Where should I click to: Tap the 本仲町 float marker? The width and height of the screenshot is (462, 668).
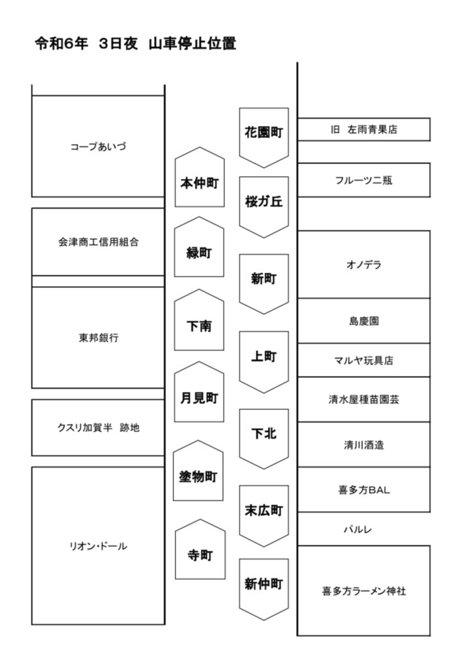tap(200, 178)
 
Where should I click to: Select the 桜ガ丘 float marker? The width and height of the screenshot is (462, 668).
tap(264, 206)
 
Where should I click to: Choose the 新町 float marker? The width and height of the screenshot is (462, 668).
tap(264, 283)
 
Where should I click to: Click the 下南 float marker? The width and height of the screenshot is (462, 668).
tap(200, 320)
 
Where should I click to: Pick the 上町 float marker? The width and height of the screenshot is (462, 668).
tap(264, 362)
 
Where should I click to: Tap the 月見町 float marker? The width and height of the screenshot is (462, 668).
tap(200, 392)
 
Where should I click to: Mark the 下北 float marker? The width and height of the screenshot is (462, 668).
tap(264, 439)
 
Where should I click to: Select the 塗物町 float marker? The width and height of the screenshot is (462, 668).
tap(198, 470)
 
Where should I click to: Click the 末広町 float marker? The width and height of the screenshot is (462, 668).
tap(264, 515)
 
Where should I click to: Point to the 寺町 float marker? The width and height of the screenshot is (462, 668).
tap(200, 549)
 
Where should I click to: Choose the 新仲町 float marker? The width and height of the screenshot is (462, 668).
tap(264, 589)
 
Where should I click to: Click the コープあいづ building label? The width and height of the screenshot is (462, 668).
tap(98, 147)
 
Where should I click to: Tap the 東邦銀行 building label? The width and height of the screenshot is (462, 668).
tap(98, 338)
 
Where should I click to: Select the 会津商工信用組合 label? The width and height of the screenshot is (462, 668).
tap(98, 242)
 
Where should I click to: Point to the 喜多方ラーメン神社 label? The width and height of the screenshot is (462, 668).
tap(364, 591)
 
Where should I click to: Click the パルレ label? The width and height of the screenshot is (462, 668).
tap(358, 529)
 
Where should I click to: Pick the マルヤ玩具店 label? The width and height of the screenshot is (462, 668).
tap(364, 360)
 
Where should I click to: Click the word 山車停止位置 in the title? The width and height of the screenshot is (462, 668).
tap(192, 44)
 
